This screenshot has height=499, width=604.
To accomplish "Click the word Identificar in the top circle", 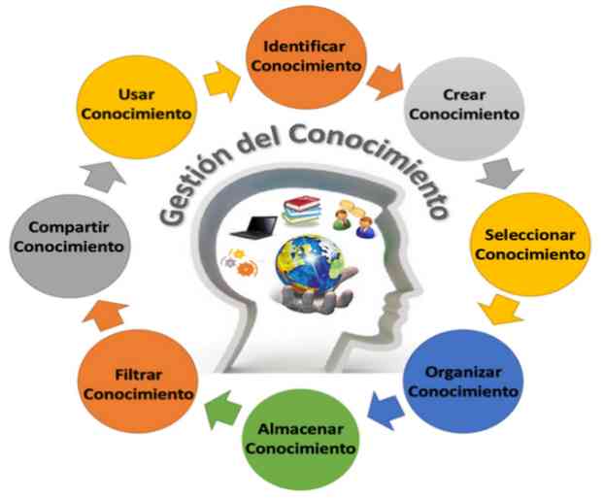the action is coord(304,47).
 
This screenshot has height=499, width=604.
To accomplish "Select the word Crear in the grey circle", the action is coord(464,95).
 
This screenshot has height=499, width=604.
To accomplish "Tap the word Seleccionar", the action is coord(529,235).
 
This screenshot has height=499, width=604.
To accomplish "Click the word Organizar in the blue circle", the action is coord(463,373).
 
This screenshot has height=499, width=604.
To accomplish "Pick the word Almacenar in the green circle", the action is coord(300,429).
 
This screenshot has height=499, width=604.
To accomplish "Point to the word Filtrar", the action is coord(138,375).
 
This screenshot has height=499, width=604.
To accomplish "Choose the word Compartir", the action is coord(69,227).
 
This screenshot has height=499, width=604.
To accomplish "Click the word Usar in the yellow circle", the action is coord(136,94).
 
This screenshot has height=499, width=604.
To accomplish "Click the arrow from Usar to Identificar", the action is coord(221,82).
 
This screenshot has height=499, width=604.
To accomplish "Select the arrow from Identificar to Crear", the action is coord(386,82).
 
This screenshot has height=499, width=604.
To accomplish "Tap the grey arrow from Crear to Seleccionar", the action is coord(500,173).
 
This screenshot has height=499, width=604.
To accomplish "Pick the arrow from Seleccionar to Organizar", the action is coord(501,310).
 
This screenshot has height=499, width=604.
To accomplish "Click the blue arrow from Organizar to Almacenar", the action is coord(386,410).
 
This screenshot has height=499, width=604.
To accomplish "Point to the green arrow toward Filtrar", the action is coord(223,410).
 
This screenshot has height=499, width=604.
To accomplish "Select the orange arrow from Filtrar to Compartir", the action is coord(105,316).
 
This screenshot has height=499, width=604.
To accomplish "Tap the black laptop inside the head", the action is coord(254,227).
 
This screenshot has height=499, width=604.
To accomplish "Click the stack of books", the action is coord(302,210).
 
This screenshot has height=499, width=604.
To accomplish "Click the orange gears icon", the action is coord(239,262).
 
